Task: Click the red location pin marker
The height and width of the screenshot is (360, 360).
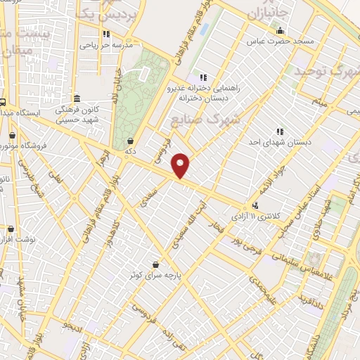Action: point(181,165)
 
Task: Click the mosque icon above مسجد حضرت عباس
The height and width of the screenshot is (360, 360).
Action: point(280,30)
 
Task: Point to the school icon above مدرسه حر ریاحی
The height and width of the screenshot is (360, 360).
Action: point(105,34)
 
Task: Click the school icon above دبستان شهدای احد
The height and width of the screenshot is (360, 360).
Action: point(280,131)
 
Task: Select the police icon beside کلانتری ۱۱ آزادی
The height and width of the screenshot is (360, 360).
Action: point(255,205)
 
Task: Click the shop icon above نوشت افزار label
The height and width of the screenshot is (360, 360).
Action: point(11,229)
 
